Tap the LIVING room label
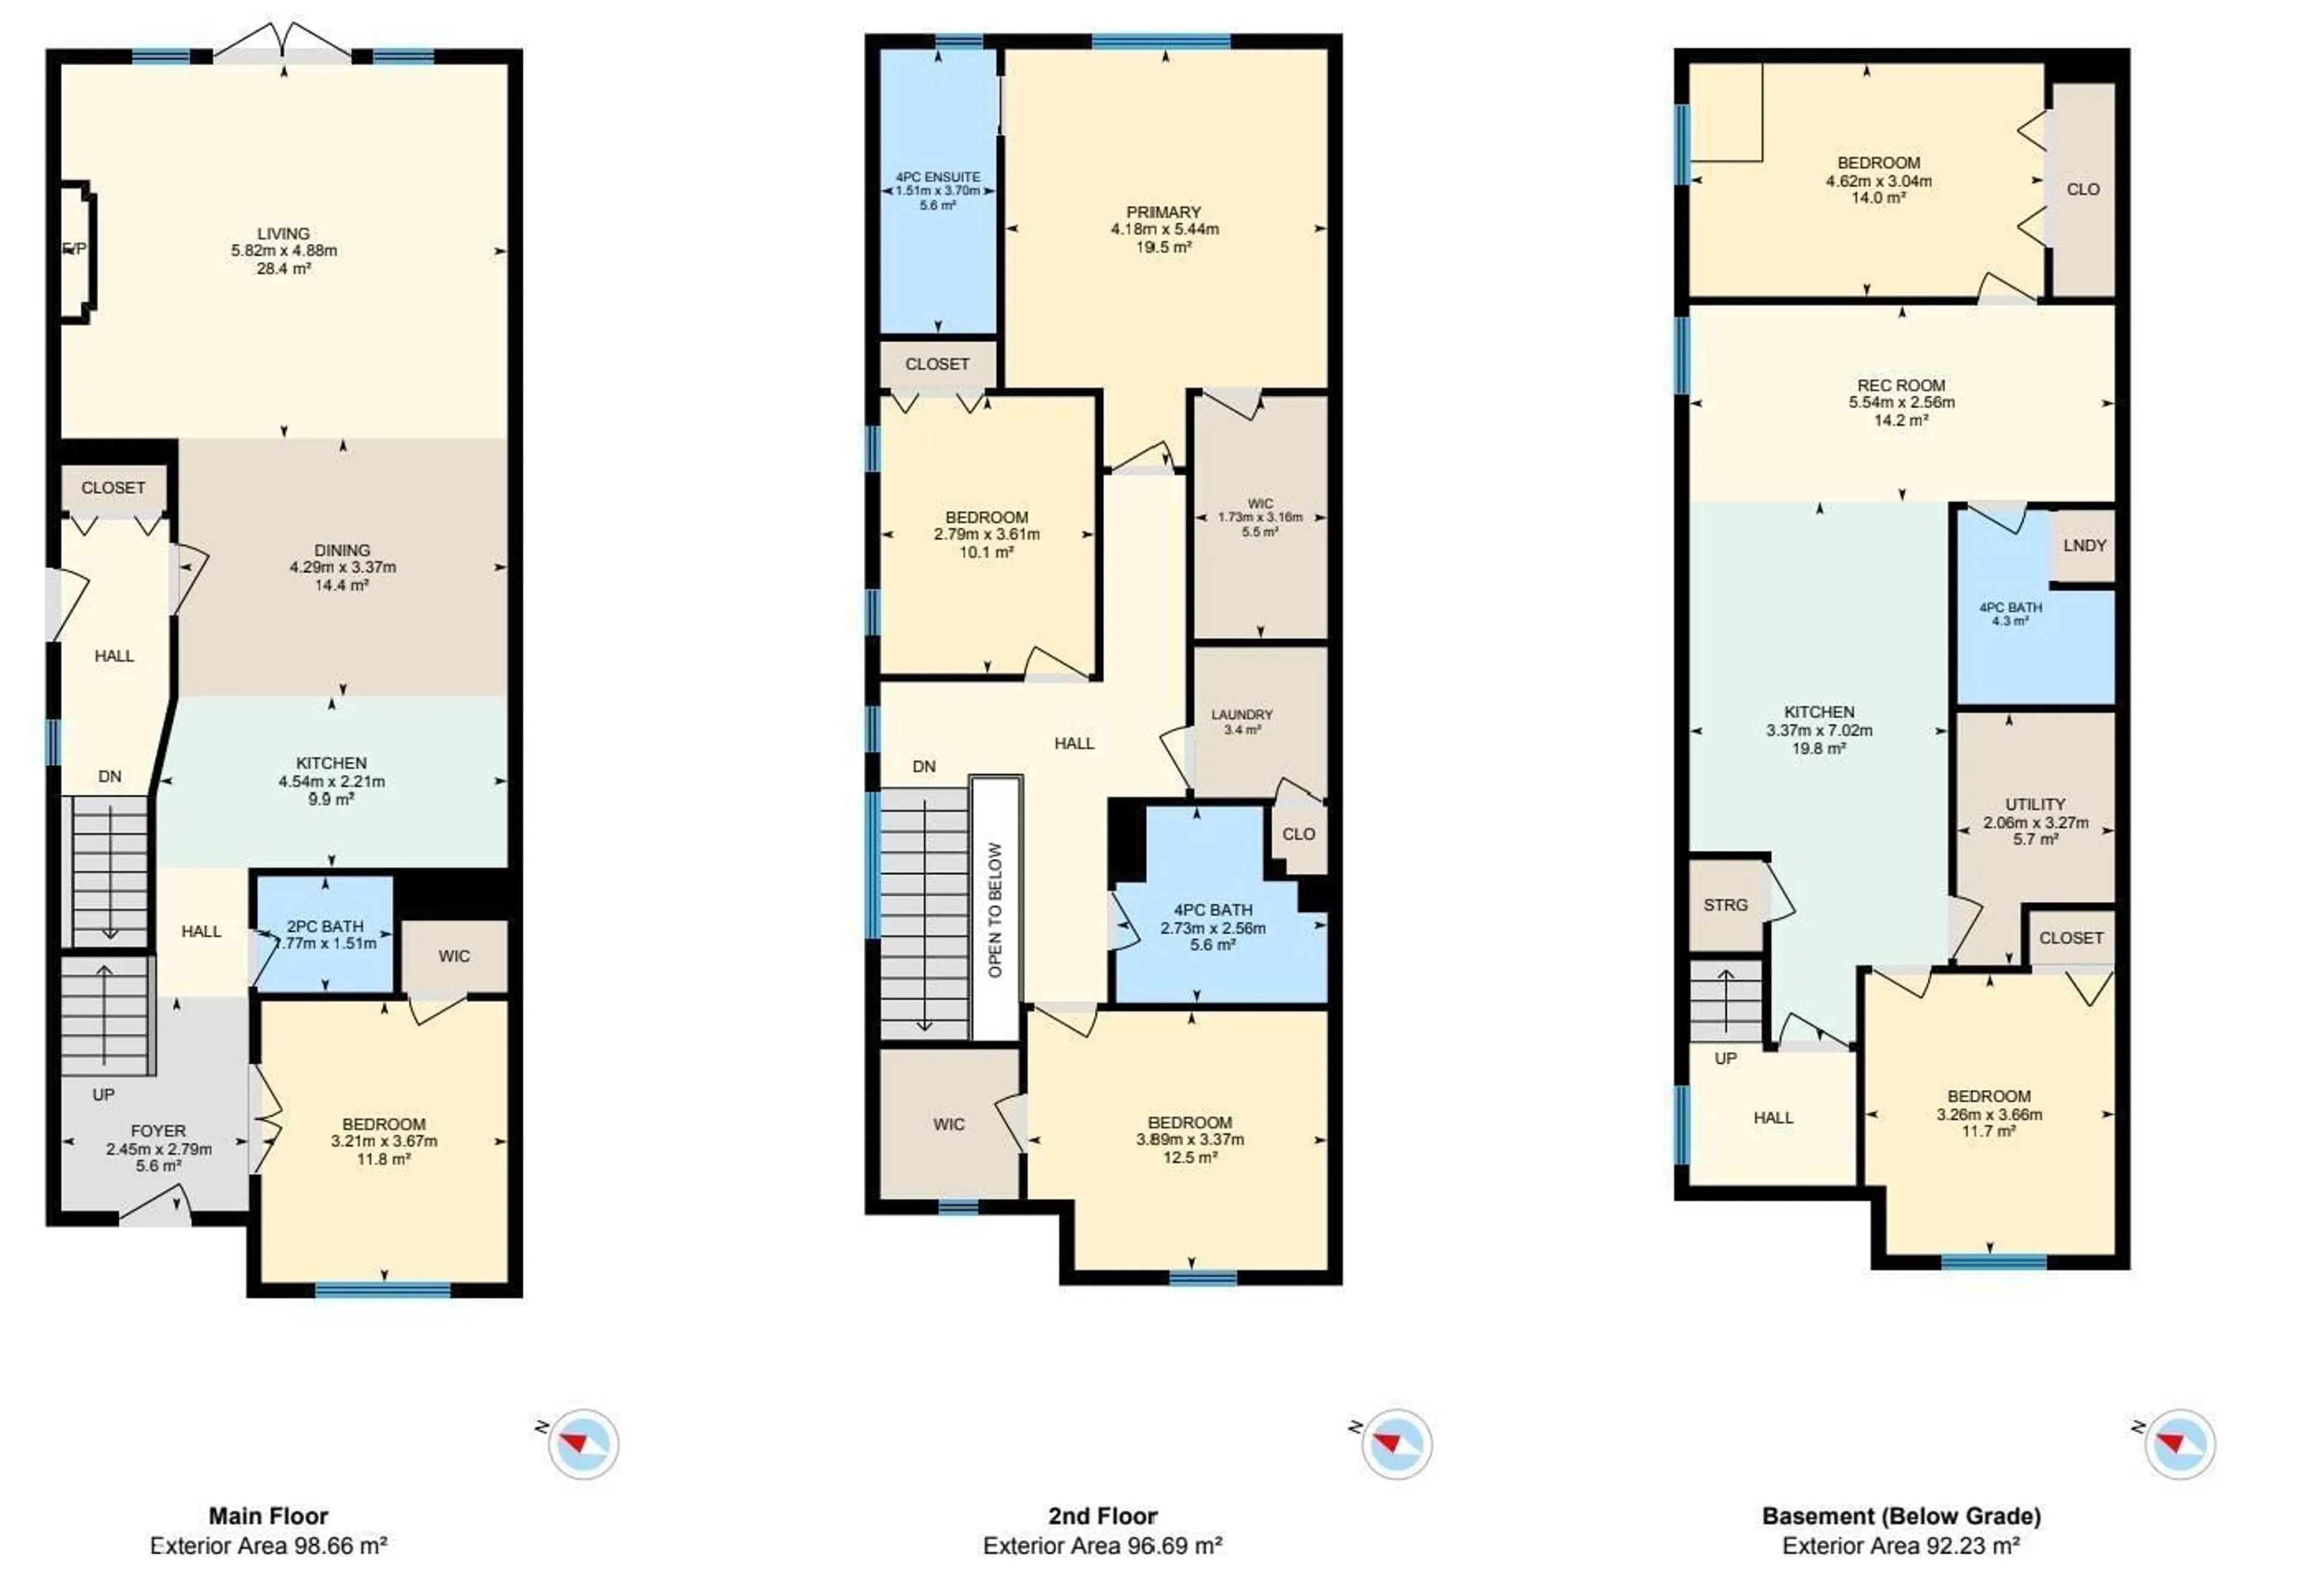284,233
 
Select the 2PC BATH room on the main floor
324,933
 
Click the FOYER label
158,1130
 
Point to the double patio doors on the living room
283,44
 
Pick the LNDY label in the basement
2084,545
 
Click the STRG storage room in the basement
1725,905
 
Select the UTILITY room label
2035,804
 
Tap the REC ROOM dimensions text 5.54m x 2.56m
1901,403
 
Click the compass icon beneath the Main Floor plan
584,1444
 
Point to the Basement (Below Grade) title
1901,1516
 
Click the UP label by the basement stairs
1725,1059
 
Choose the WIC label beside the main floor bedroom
454,956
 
